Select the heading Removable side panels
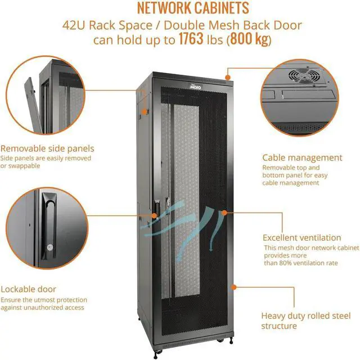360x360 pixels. tap(47, 148)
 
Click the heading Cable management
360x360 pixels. tap(302, 157)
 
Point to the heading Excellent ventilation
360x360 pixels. tap(301, 237)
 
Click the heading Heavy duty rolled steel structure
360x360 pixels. tap(294, 321)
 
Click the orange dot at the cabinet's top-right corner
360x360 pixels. tap(227, 76)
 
